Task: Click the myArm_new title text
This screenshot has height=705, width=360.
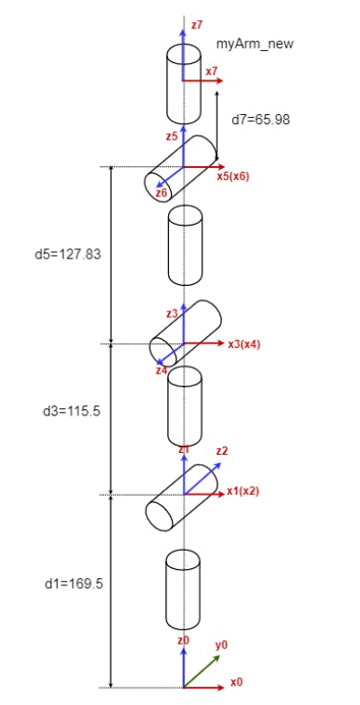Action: (255, 44)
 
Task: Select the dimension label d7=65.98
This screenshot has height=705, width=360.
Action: (260, 120)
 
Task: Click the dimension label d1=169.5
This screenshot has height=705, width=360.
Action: (74, 584)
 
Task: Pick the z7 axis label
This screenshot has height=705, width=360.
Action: (196, 26)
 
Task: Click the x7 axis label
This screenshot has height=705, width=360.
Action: (211, 71)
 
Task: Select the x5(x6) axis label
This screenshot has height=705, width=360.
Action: (233, 176)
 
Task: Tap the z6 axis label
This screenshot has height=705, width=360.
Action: (161, 193)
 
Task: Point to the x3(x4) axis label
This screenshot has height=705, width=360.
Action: (244, 344)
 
